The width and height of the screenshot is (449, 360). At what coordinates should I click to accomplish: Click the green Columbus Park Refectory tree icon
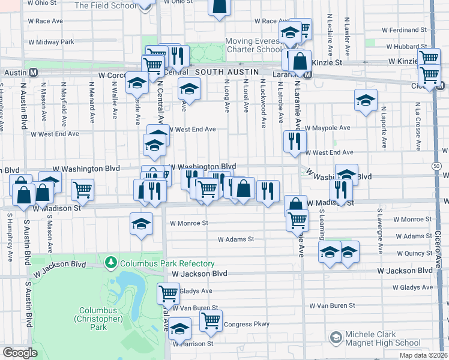click(110, 263)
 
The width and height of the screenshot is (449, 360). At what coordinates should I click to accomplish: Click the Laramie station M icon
click(307, 75)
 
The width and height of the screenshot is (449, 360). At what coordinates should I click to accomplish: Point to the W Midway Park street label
click(55, 42)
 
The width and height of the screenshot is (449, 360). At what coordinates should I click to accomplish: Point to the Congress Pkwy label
click(246, 325)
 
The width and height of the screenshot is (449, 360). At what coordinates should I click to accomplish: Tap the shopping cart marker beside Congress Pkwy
click(211, 320)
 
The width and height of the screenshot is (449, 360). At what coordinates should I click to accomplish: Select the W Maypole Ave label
click(327, 128)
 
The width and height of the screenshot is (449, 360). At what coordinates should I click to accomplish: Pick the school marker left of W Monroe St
click(141, 224)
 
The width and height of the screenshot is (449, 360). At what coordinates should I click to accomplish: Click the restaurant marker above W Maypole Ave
click(294, 141)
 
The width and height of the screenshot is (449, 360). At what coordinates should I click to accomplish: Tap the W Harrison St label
click(193, 344)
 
